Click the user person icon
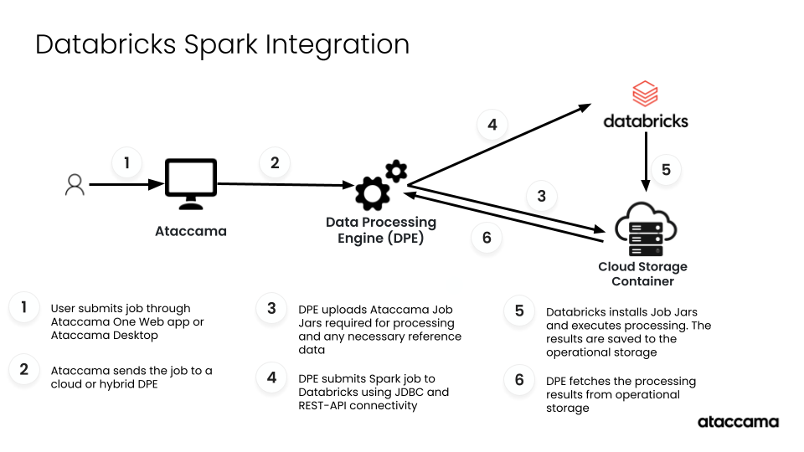pos(75,185)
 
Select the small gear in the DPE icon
pos(395,172)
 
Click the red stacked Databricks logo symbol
pos(645,94)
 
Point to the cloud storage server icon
pos(645,229)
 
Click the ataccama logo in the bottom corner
pos(738,422)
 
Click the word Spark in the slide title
pos(217,44)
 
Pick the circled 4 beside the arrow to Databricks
pos(492,125)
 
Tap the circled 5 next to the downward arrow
pos(666,170)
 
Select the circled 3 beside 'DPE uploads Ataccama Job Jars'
pos(271,309)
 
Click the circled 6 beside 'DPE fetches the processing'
pos(519,381)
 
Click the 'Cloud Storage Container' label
pos(642,274)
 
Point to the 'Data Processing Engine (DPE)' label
pos(381,230)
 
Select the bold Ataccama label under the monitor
pos(191,231)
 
